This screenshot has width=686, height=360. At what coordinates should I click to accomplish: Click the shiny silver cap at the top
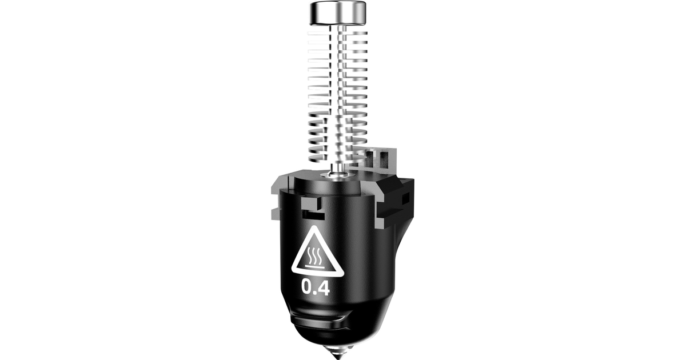338,13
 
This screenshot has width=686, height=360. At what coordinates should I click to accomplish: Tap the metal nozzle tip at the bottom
338,351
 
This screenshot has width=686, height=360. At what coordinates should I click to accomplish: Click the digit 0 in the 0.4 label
307,286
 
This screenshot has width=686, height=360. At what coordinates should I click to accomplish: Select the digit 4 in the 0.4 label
324,286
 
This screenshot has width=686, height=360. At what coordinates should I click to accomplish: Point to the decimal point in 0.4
315,293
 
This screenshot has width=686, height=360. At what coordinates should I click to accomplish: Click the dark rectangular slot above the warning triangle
313,215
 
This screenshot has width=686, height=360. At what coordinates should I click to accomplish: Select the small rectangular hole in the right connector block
405,199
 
